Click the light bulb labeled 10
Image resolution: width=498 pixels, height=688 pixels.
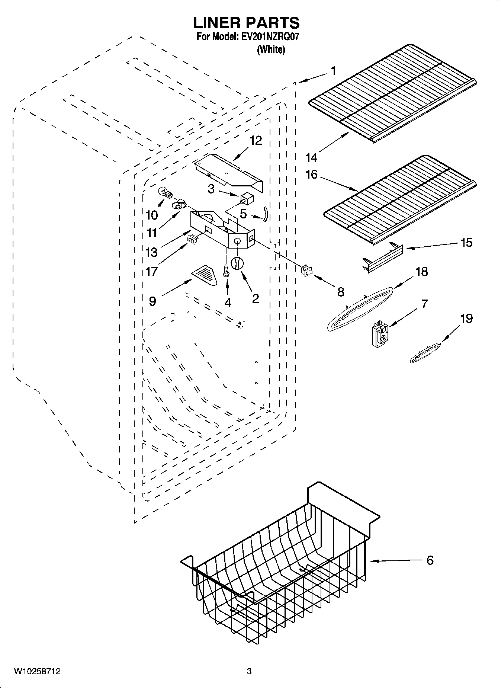coord(165,193)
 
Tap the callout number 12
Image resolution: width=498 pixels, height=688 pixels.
coord(256,140)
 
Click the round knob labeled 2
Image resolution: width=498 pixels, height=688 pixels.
coord(237,263)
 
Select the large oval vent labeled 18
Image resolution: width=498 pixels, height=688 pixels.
coord(359,308)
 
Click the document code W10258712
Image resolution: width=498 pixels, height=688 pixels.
coord(37,672)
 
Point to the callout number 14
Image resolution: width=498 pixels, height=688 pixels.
coord(311,158)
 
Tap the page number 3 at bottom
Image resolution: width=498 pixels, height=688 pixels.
coord(249,672)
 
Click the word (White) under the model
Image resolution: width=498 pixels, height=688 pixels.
coord(271,50)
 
